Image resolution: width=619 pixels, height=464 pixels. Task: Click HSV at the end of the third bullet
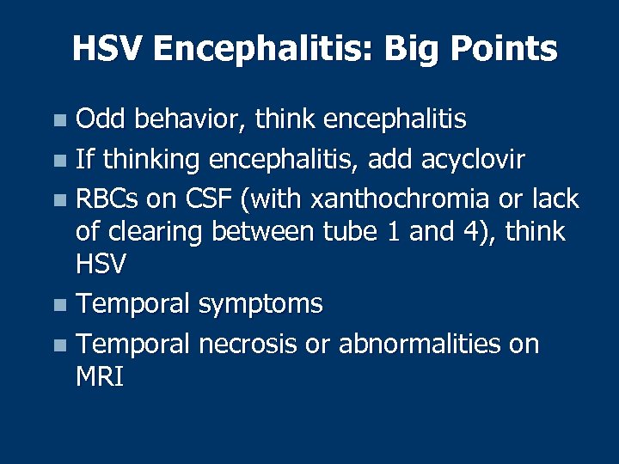[101, 265]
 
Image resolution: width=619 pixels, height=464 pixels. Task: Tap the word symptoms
[260, 304]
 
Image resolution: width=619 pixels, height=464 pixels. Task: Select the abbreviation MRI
[100, 376]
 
